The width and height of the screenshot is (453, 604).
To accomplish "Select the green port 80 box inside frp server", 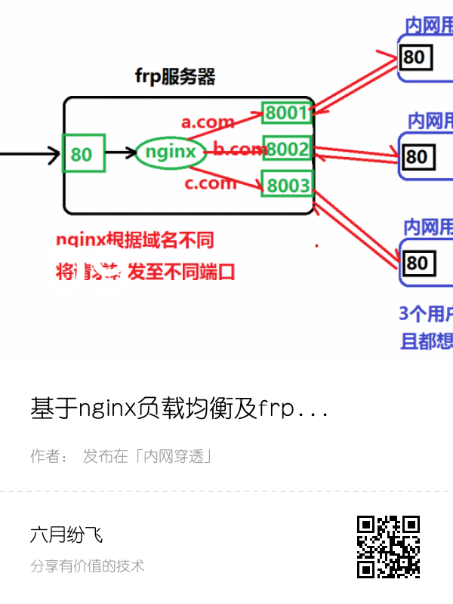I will click(x=83, y=154).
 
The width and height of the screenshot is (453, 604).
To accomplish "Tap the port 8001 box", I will click(x=286, y=113).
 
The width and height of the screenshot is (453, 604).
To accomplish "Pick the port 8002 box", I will click(x=287, y=149).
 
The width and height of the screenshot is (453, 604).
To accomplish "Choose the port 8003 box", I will click(x=287, y=184).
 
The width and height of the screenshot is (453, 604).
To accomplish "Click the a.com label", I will click(x=207, y=122).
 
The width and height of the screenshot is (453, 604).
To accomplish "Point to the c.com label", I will click(x=210, y=183).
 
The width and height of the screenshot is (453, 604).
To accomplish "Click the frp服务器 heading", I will click(x=175, y=76).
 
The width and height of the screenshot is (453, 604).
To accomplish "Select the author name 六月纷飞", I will click(x=66, y=535).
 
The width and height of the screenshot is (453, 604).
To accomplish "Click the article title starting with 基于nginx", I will click(x=179, y=409).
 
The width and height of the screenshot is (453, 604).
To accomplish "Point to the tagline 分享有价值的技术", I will click(x=87, y=565).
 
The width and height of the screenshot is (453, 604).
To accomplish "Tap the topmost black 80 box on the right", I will click(x=414, y=57).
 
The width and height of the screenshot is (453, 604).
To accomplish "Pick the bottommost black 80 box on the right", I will click(x=416, y=263).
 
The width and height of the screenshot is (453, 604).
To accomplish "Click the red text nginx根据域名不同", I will click(x=134, y=240).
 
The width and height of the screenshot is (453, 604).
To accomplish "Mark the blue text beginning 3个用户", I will click(x=426, y=313).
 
